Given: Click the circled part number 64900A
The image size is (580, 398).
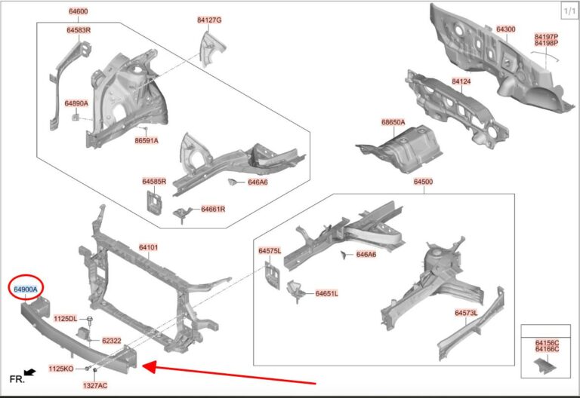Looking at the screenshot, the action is pos(26,289).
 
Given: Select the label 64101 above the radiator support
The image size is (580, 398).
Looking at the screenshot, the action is pos(148,247).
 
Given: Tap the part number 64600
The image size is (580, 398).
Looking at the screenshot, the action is pos(79,11).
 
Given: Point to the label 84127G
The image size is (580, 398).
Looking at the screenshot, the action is pos(209,20).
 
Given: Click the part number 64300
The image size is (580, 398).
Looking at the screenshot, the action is pos(506,29).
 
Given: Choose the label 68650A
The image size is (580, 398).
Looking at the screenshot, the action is pos(393,122).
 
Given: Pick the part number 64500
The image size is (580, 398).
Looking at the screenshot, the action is pos(423,181).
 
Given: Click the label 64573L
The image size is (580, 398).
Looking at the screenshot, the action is pos(466,313).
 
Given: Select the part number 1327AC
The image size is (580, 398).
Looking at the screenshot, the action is pos(95,385).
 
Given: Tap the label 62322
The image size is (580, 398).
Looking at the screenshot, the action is pos(111,341).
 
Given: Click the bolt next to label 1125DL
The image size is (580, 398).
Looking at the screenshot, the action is pos(90,320).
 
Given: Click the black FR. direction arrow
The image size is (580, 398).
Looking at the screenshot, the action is pos(29,372).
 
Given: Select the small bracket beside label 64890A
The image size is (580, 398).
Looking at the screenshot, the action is pos(75,117).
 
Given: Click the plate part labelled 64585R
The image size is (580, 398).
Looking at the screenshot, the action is pos(154,202).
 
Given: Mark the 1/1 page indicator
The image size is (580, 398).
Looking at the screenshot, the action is pos(569,11).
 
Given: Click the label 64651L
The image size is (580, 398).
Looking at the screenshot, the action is pos(326,293).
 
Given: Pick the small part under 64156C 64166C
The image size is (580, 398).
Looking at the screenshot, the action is pos(545,365).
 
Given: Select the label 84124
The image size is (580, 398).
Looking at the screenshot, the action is pos(461,81).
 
